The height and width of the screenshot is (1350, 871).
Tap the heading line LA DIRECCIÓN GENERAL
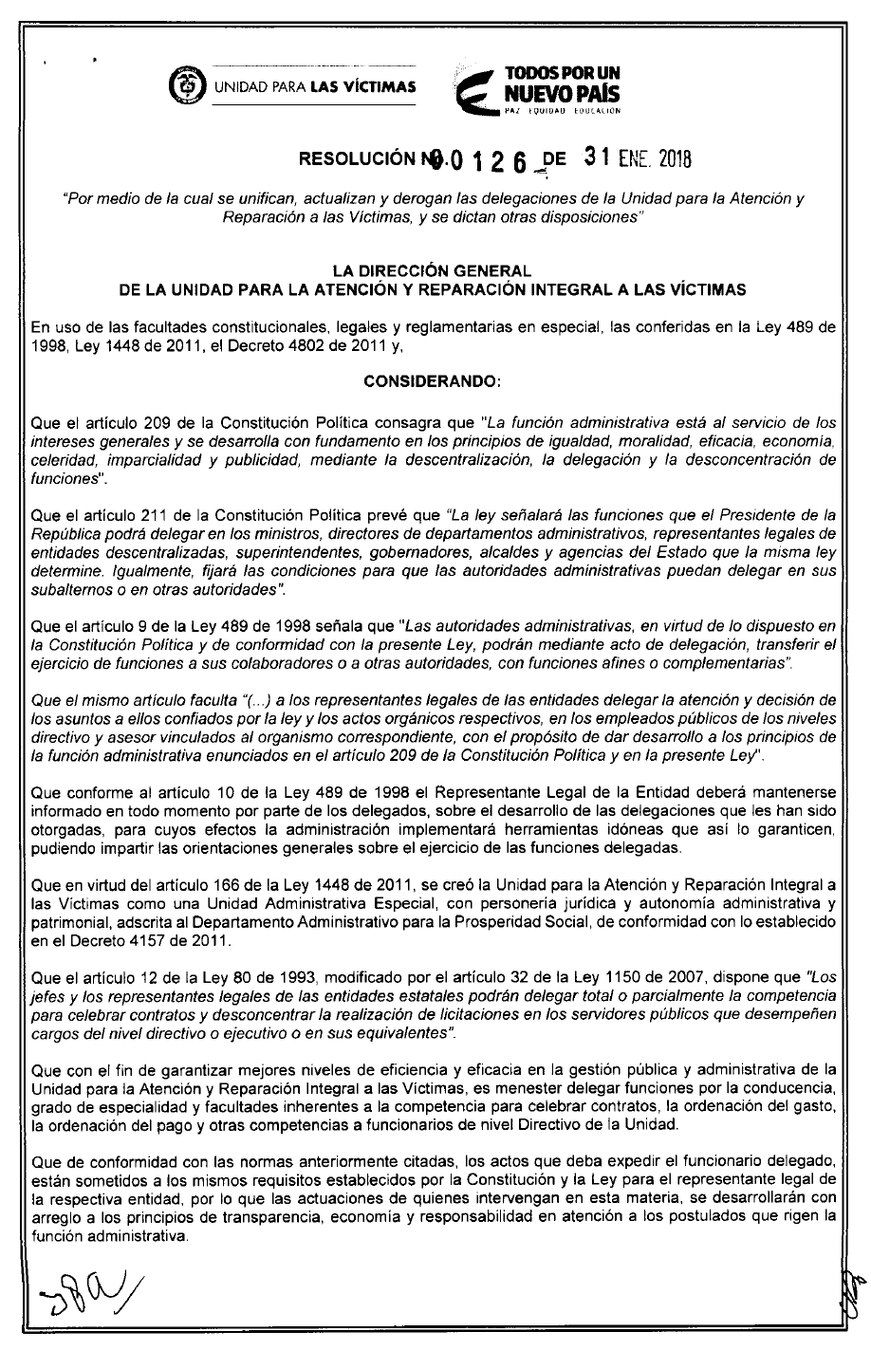pos(431,270)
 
